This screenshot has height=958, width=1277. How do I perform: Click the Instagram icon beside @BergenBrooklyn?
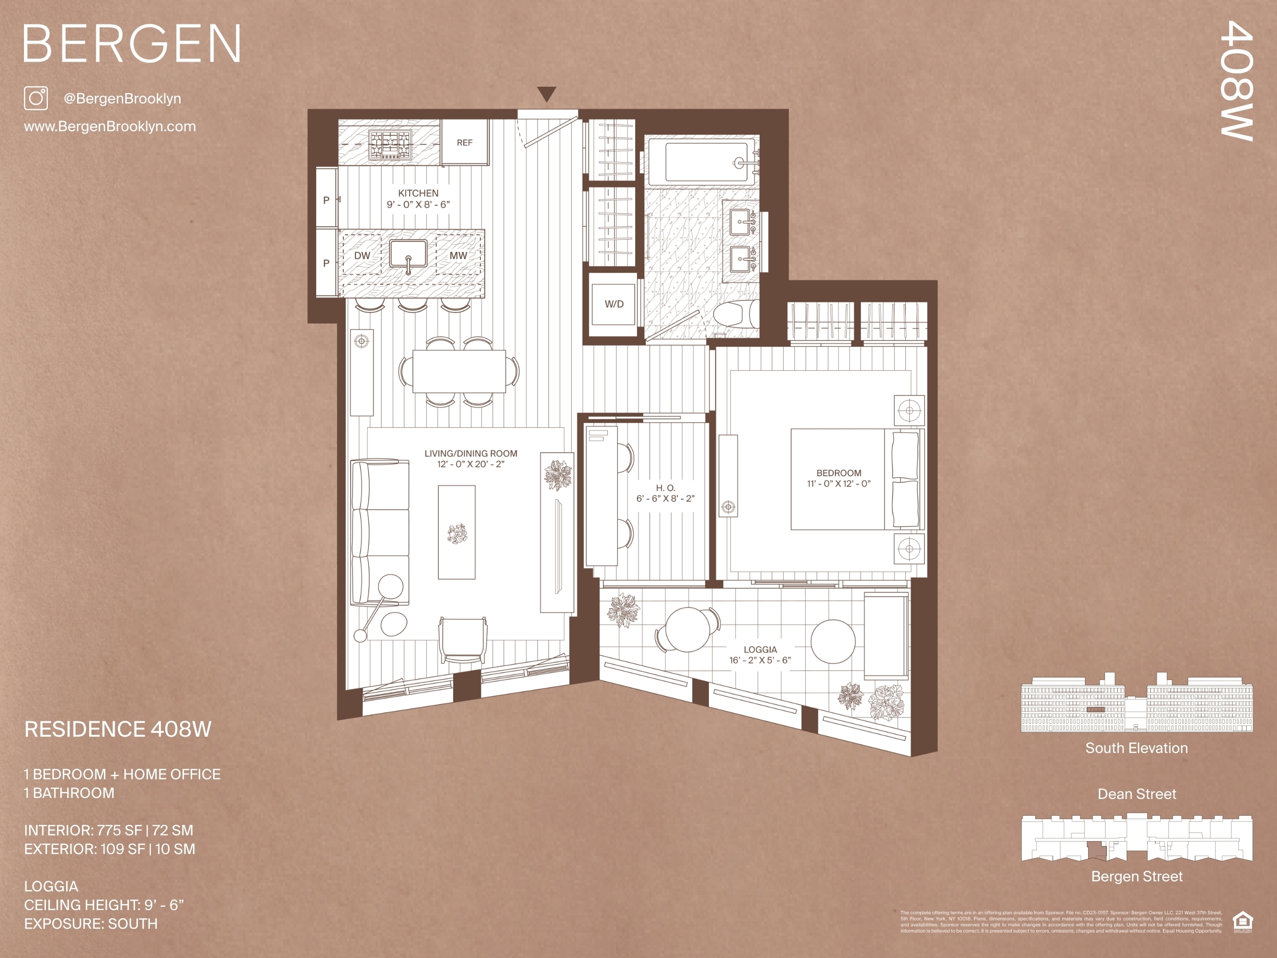coord(36,98)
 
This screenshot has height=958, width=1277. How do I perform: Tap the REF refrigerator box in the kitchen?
coord(465,143)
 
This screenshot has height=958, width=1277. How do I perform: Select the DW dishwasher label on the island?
coord(362,255)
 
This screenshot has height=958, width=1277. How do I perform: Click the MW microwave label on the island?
coord(458,255)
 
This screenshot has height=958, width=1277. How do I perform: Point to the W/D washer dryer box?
coord(614,304)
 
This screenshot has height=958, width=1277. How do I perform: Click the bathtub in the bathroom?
coord(710,162)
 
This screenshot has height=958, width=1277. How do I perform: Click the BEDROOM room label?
coord(838,473)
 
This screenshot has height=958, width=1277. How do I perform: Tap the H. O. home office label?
coord(665,488)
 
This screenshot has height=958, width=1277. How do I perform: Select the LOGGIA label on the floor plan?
coord(760,650)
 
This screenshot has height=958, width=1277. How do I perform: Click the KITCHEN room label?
coord(418,194)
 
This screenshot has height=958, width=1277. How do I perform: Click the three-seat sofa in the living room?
coord(379,532)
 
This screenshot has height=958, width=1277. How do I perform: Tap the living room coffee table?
coord(456,532)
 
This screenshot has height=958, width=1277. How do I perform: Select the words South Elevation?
coord(1136,748)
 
